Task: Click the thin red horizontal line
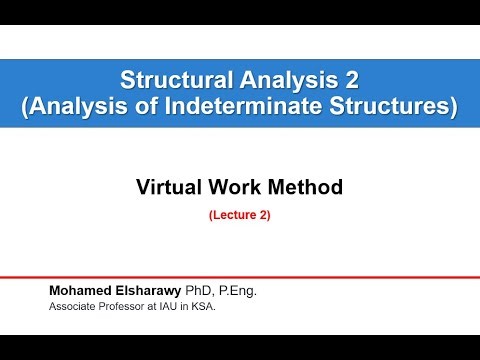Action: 240,277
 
